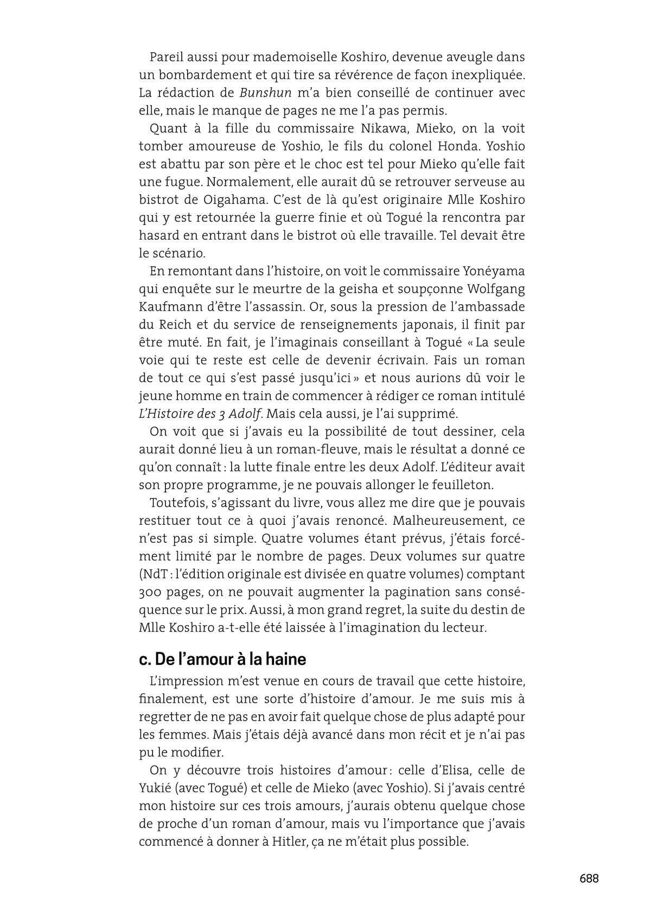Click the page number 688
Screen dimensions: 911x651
[x=589, y=878]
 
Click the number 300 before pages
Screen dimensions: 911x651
[x=151, y=592]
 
